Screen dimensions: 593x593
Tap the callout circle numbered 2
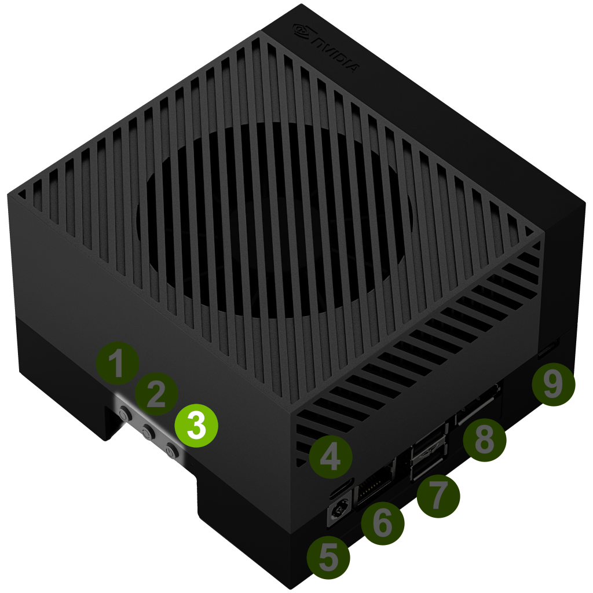click(x=156, y=394)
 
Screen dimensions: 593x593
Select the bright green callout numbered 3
click(x=196, y=426)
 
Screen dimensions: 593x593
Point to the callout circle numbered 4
click(x=331, y=457)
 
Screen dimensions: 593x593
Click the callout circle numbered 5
click(x=328, y=558)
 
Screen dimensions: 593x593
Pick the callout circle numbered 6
click(x=382, y=524)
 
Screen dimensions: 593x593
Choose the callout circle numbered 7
click(x=438, y=496)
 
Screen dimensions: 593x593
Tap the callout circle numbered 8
click(x=484, y=440)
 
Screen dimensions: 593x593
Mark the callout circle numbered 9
click(x=553, y=385)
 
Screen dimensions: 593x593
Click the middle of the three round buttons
click(x=148, y=431)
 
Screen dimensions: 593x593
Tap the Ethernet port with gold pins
click(x=375, y=481)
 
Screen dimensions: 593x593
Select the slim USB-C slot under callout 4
click(x=342, y=488)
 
